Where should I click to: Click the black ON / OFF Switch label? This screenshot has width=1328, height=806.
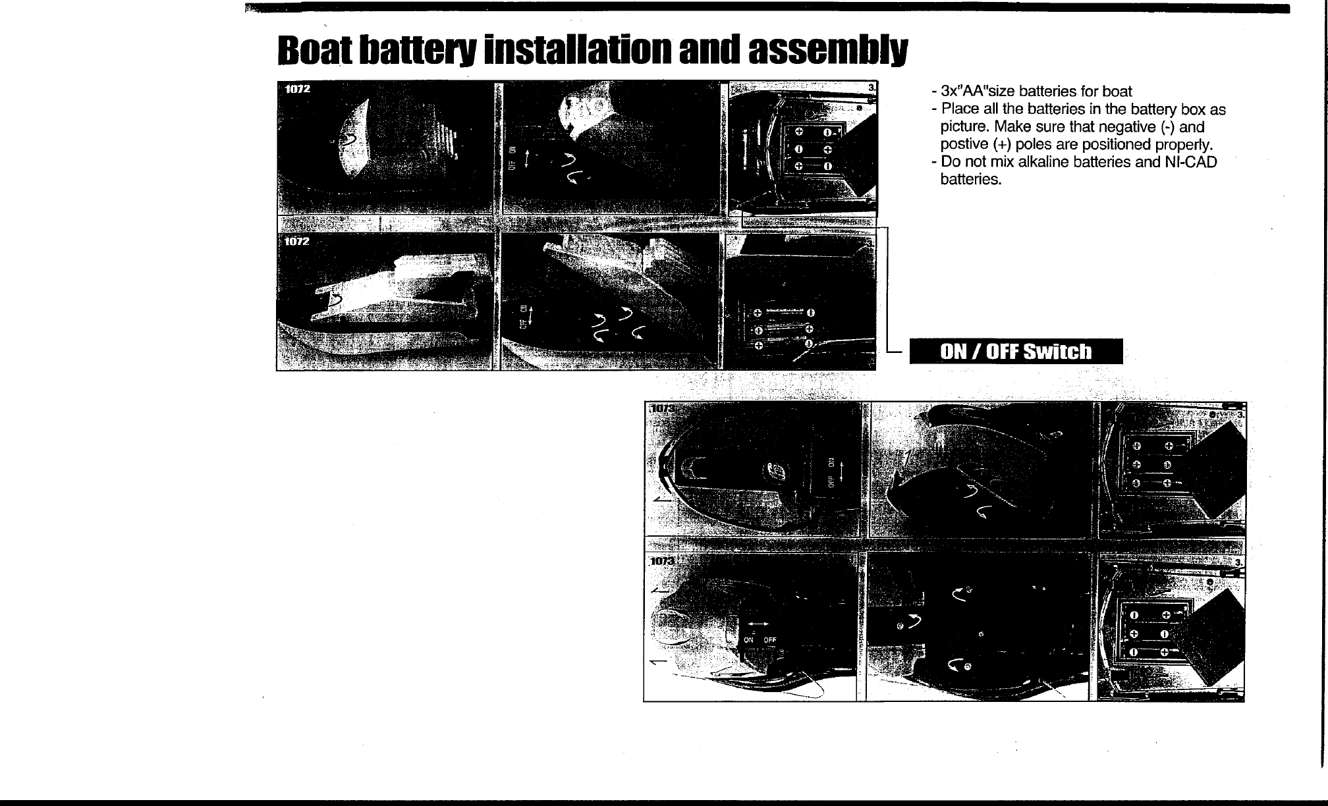pyautogui.click(x=1016, y=352)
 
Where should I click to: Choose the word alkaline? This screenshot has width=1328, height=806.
pyautogui.click(x=1041, y=163)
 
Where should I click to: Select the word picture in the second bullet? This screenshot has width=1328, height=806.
pyautogui.click(x=964, y=127)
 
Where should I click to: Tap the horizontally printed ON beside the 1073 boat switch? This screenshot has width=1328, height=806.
pyautogui.click(x=748, y=639)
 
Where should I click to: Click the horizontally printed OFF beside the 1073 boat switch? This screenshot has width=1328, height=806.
pyautogui.click(x=770, y=639)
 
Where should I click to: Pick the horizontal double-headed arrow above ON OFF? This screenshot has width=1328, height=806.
pyautogui.click(x=758, y=624)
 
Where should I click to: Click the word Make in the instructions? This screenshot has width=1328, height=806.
pyautogui.click(x=1014, y=127)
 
